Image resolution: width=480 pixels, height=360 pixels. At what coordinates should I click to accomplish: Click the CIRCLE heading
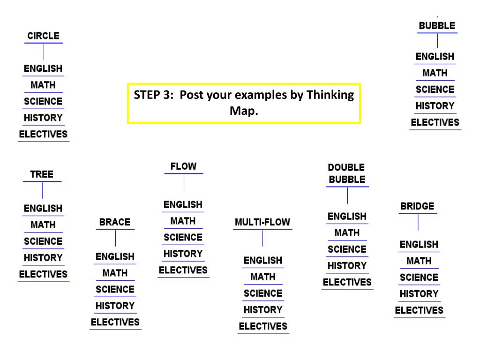click(43, 36)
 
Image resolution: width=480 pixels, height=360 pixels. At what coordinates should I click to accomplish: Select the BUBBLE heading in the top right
click(437, 26)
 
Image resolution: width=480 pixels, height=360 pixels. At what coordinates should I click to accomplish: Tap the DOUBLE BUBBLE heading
click(347, 173)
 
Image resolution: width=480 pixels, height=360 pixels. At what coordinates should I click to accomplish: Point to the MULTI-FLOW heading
click(262, 222)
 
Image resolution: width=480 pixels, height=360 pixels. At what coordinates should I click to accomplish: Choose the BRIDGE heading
click(417, 206)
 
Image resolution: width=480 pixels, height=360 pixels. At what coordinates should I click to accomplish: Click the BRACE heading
click(115, 222)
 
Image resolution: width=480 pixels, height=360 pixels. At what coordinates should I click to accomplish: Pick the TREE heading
click(42, 174)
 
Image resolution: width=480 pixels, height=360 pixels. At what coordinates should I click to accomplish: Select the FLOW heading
click(183, 166)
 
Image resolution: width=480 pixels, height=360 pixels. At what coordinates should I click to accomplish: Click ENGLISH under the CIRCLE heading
click(43, 69)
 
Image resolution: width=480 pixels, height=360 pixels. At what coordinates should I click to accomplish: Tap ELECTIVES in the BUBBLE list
click(435, 122)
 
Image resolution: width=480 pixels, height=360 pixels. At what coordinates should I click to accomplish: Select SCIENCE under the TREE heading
click(43, 241)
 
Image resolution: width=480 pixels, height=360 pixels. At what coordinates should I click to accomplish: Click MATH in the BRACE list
click(115, 273)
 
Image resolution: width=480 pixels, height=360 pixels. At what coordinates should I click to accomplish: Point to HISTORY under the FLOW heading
click(183, 254)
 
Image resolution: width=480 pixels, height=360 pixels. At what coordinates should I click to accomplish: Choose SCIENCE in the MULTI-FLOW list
click(263, 293)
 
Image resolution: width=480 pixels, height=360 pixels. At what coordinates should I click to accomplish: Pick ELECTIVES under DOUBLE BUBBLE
click(347, 282)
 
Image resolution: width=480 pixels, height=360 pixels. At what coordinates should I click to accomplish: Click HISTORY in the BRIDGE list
click(419, 294)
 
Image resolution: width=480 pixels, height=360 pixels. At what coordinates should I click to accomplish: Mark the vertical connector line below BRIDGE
click(418, 222)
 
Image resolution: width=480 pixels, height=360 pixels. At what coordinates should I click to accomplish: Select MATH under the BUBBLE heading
click(435, 73)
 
